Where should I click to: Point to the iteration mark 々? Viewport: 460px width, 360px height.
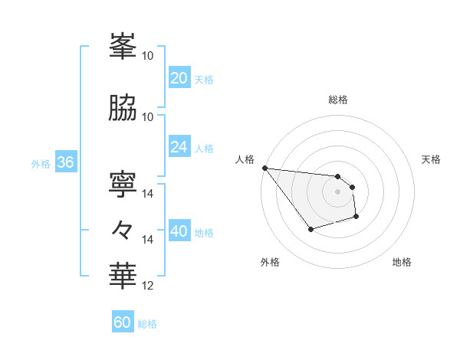pyautogui.click(x=123, y=229)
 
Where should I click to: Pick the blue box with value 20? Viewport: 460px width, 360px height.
pyautogui.click(x=179, y=78)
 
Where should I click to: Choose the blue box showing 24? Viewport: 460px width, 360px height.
pyautogui.click(x=179, y=147)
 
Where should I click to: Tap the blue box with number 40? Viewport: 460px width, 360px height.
pyautogui.click(x=179, y=231)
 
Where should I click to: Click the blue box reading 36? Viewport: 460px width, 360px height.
pyautogui.click(x=65, y=162)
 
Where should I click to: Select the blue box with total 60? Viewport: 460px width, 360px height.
pyautogui.click(x=123, y=322)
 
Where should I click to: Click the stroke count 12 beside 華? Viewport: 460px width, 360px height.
pyautogui.click(x=148, y=286)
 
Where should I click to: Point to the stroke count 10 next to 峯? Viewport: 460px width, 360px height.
pyautogui.click(x=148, y=56)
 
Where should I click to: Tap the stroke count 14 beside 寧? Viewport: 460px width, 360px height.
pyautogui.click(x=148, y=193)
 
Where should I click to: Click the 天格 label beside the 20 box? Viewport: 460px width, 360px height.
pyautogui.click(x=204, y=80)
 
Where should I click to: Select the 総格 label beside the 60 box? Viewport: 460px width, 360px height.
pyautogui.click(x=147, y=324)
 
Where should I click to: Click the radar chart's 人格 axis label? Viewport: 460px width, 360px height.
pyautogui.click(x=245, y=159)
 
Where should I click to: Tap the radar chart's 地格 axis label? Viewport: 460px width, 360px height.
pyautogui.click(x=402, y=262)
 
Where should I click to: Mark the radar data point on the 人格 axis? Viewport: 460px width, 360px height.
pyautogui.click(x=264, y=168)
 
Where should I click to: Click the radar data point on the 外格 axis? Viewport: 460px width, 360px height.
pyautogui.click(x=310, y=229)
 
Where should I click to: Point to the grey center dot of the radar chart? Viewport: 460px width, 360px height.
pyautogui.click(x=337, y=191)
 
